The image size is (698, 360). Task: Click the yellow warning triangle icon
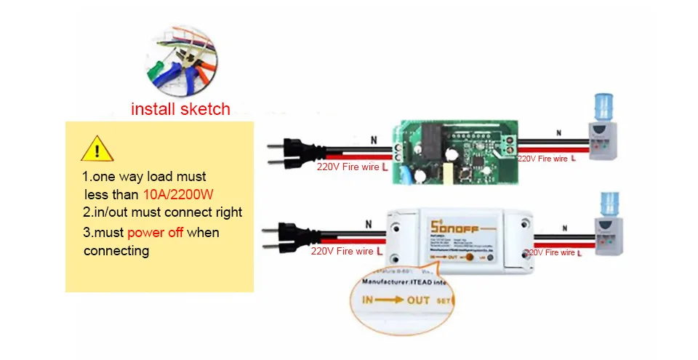(x=96, y=149)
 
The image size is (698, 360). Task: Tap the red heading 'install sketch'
(x=180, y=109)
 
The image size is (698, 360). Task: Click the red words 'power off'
(x=155, y=233)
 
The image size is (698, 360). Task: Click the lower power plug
(x=292, y=236)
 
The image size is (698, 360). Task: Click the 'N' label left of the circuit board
(x=374, y=140)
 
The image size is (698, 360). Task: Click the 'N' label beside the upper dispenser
(x=558, y=132)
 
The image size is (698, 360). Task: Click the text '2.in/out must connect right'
(x=162, y=212)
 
